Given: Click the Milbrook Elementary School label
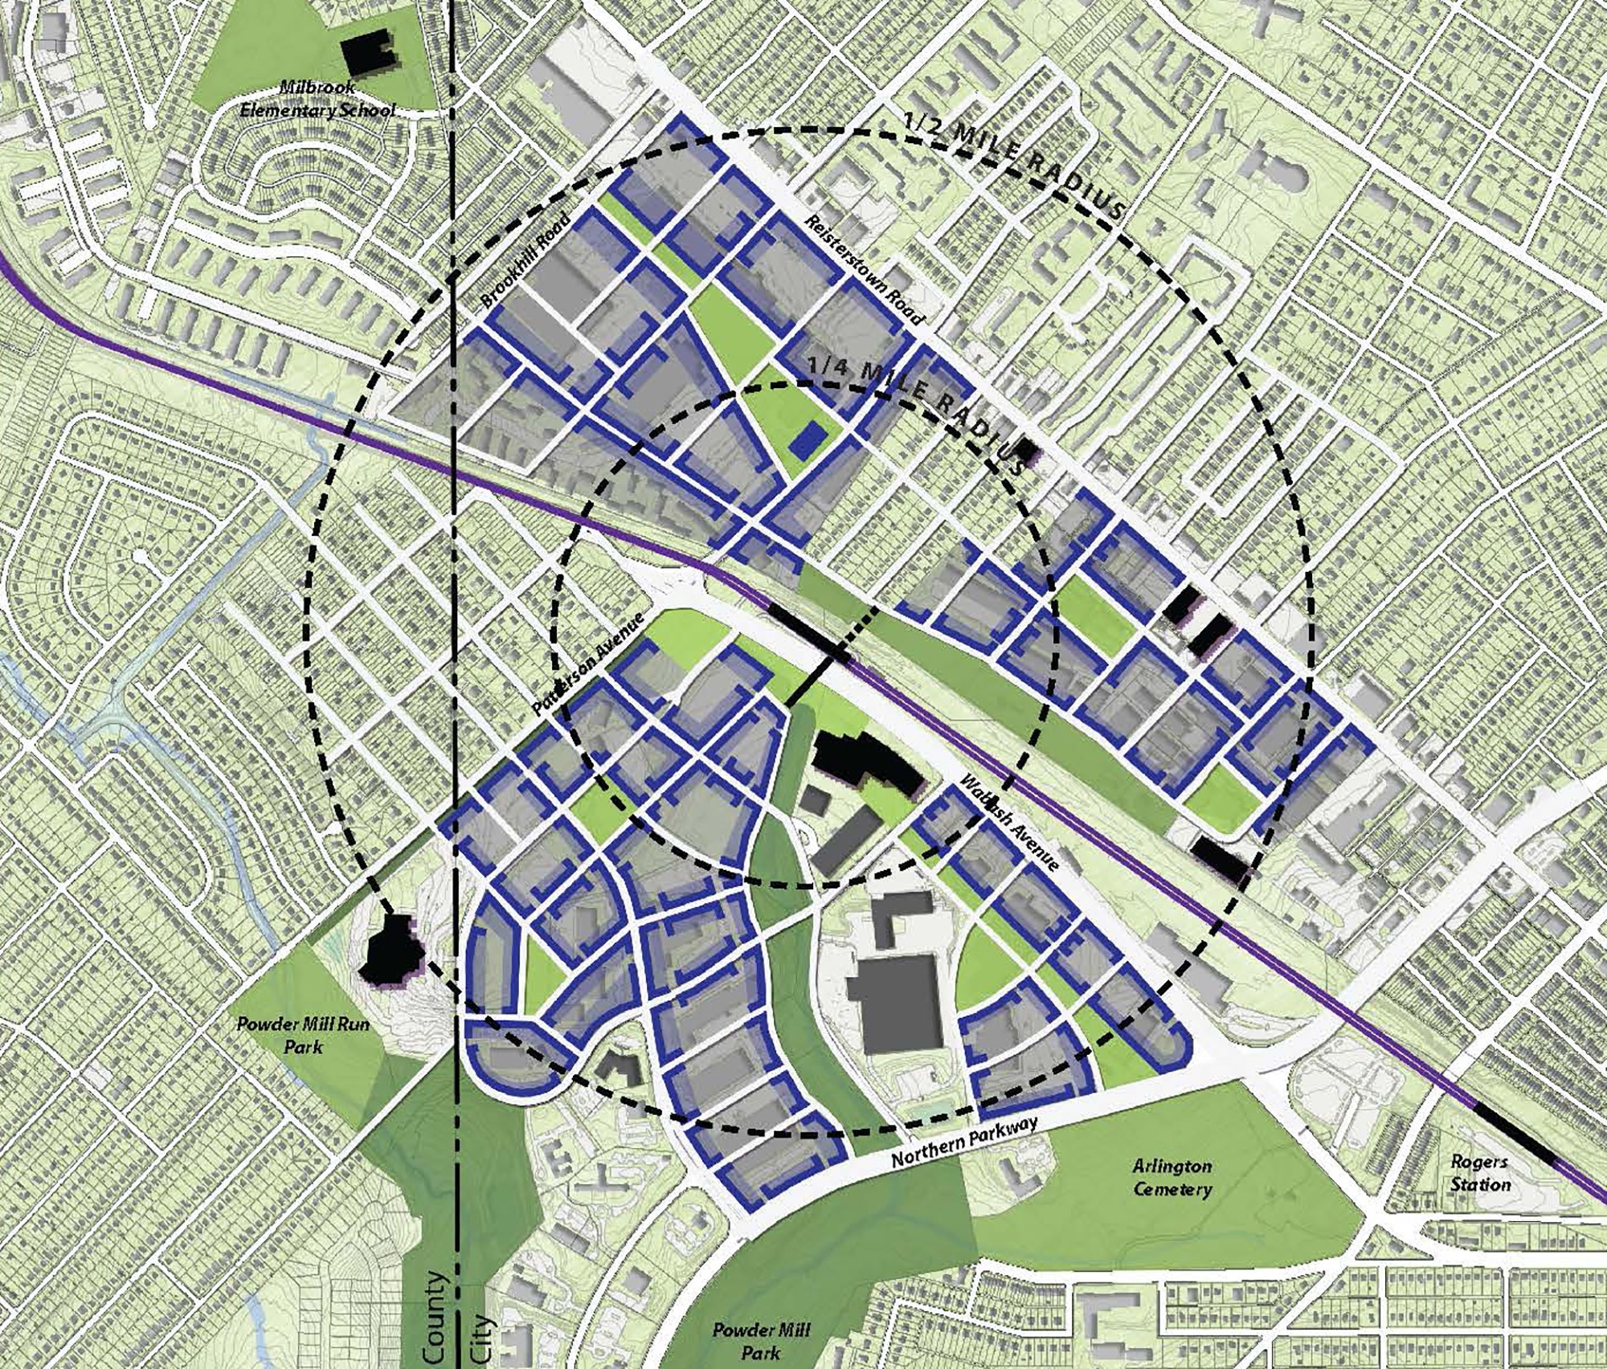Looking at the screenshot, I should pyautogui.click(x=318, y=99).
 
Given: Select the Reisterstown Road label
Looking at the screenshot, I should pyautogui.click(x=865, y=270).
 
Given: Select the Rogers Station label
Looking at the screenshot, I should pyautogui.click(x=1480, y=1173).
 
